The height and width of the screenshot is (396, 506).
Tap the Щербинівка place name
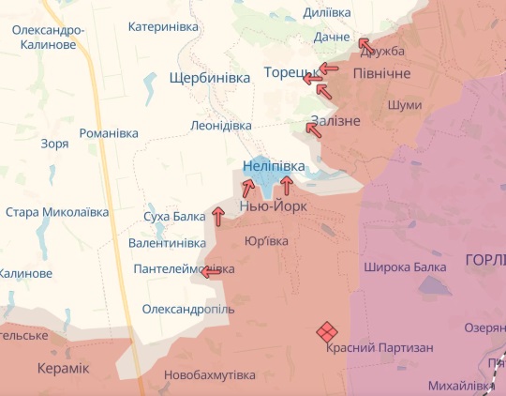pyautogui.click(x=210, y=78)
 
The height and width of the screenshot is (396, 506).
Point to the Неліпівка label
pyautogui.click(x=274, y=166)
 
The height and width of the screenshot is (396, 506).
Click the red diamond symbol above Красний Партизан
pyautogui.click(x=325, y=331)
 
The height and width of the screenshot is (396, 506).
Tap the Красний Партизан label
pyautogui.click(x=379, y=348)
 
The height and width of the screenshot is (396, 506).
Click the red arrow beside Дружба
pyautogui.click(x=365, y=44)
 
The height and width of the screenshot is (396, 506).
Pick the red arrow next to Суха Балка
pyautogui.click(x=218, y=217)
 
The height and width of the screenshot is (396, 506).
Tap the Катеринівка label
pyautogui.click(x=163, y=27)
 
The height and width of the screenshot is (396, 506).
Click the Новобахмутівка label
pyautogui.click(x=209, y=375)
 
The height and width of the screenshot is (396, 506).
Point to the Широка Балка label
pyautogui.click(x=405, y=267)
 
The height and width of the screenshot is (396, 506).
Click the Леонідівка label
pyautogui.click(x=220, y=125)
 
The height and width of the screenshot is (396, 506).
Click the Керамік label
pyautogui.click(x=63, y=368)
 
